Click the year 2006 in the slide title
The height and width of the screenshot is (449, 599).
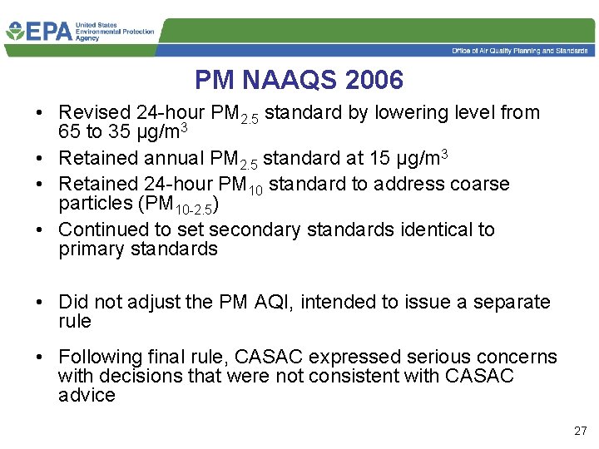click(x=372, y=81)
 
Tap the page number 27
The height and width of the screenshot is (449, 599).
click(x=580, y=431)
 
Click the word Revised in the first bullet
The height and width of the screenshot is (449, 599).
click(x=95, y=113)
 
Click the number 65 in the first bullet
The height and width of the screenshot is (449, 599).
click(x=71, y=133)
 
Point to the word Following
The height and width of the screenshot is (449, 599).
click(x=101, y=358)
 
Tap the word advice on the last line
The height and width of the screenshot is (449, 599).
click(x=87, y=396)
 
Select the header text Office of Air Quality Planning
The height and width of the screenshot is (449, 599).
click(x=499, y=51)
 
